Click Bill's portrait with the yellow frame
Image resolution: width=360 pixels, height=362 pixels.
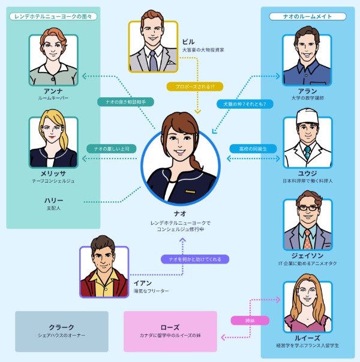[153, 47]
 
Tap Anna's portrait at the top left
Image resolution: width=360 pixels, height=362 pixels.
[53, 59]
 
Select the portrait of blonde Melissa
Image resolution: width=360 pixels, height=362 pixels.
[53, 142]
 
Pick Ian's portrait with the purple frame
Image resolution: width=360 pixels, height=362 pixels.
[104, 271]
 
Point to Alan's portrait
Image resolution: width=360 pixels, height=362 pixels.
[307, 59]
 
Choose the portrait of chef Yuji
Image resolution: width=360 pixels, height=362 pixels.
[307, 142]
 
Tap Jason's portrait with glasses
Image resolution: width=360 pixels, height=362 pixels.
[307, 223]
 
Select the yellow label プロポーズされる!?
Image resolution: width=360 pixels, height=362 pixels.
[195, 86]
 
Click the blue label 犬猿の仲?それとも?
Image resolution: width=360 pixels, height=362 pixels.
[245, 104]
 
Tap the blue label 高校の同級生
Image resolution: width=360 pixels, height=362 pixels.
[253, 148]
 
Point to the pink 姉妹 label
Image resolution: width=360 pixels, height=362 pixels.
[250, 321]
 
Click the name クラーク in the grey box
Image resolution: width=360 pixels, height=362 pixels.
[61, 328]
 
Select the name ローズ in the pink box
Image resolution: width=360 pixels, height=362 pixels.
[170, 328]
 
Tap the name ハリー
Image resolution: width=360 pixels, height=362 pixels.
[53, 200]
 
